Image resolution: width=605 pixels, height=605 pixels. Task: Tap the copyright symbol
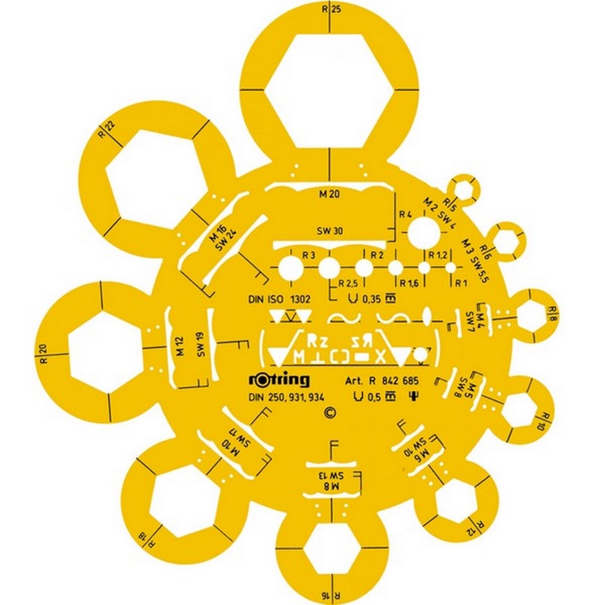click(329, 413)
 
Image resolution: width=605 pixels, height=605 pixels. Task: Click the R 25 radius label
click(330, 10)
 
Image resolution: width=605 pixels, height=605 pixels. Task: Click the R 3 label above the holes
click(308, 256)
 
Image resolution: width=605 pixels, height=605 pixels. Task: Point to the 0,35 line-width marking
click(370, 299)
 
